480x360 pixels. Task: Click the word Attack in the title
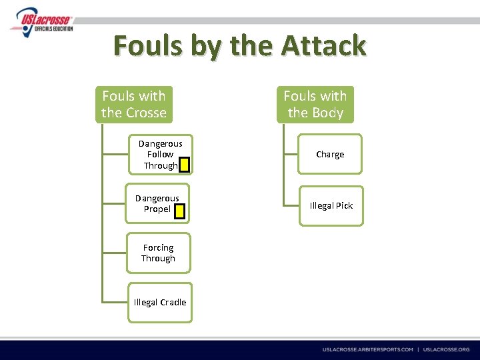tap(323, 46)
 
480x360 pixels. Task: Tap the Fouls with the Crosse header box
tap(134, 105)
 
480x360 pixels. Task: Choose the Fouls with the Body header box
tap(315, 105)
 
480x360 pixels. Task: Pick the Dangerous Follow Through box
tap(159, 154)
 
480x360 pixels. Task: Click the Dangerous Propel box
tap(157, 203)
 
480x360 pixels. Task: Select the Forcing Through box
tap(158, 253)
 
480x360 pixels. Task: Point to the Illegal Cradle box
tap(160, 302)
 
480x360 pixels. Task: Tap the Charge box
tap(330, 154)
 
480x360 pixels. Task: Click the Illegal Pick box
tap(331, 205)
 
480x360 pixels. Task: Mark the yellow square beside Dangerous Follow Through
tap(185, 165)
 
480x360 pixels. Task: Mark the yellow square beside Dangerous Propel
tap(178, 211)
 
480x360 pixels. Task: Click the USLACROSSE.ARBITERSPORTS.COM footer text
tap(367, 349)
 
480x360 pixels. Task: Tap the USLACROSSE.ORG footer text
tap(446, 349)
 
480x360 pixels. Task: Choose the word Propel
tap(157, 209)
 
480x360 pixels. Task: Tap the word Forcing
tap(158, 247)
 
